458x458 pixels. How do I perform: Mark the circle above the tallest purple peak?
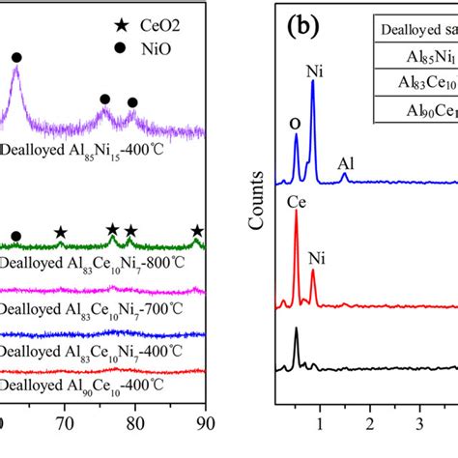(15, 59)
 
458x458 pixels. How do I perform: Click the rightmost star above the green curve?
(197, 230)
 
